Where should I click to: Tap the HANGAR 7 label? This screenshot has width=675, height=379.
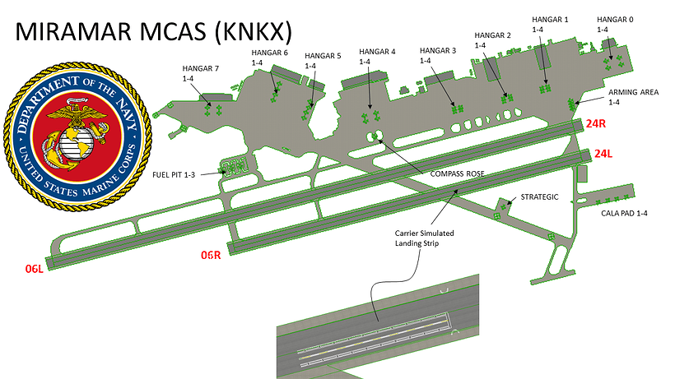point(201,68)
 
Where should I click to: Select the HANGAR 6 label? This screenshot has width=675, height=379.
point(269,53)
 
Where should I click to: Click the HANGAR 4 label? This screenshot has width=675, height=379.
point(377,52)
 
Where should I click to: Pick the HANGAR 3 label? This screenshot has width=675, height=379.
point(437,51)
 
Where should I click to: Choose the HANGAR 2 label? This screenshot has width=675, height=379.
point(493,35)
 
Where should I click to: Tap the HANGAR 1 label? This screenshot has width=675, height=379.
point(550,19)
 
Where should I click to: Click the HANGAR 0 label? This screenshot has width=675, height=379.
point(615,19)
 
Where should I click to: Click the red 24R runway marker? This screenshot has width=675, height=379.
point(597,123)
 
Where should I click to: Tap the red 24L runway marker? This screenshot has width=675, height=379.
point(604,153)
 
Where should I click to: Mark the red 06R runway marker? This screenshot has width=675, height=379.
point(212,254)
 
